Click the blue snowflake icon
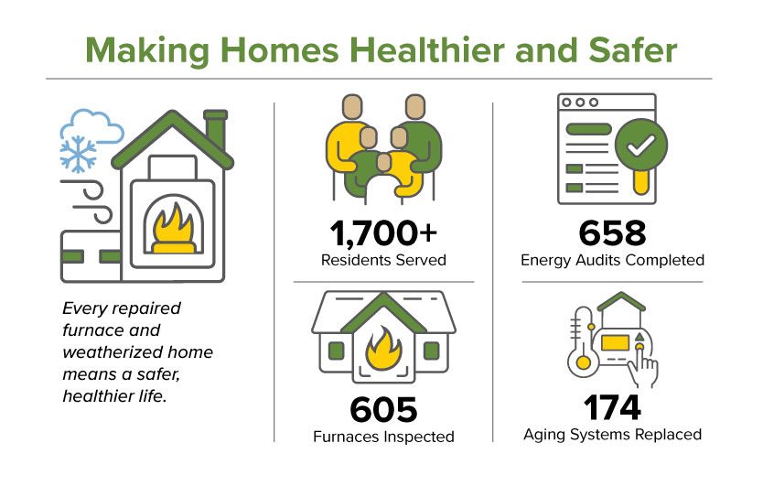pos(78,154)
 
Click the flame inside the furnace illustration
pos(173,226)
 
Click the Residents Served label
pos(383,260)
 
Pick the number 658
pos(612,233)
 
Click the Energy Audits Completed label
pos(612,260)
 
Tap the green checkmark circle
pos(640,145)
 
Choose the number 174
pos(612,406)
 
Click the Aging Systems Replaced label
pos(612,434)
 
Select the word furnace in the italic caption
pos(90,329)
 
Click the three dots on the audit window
pos(579,103)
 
